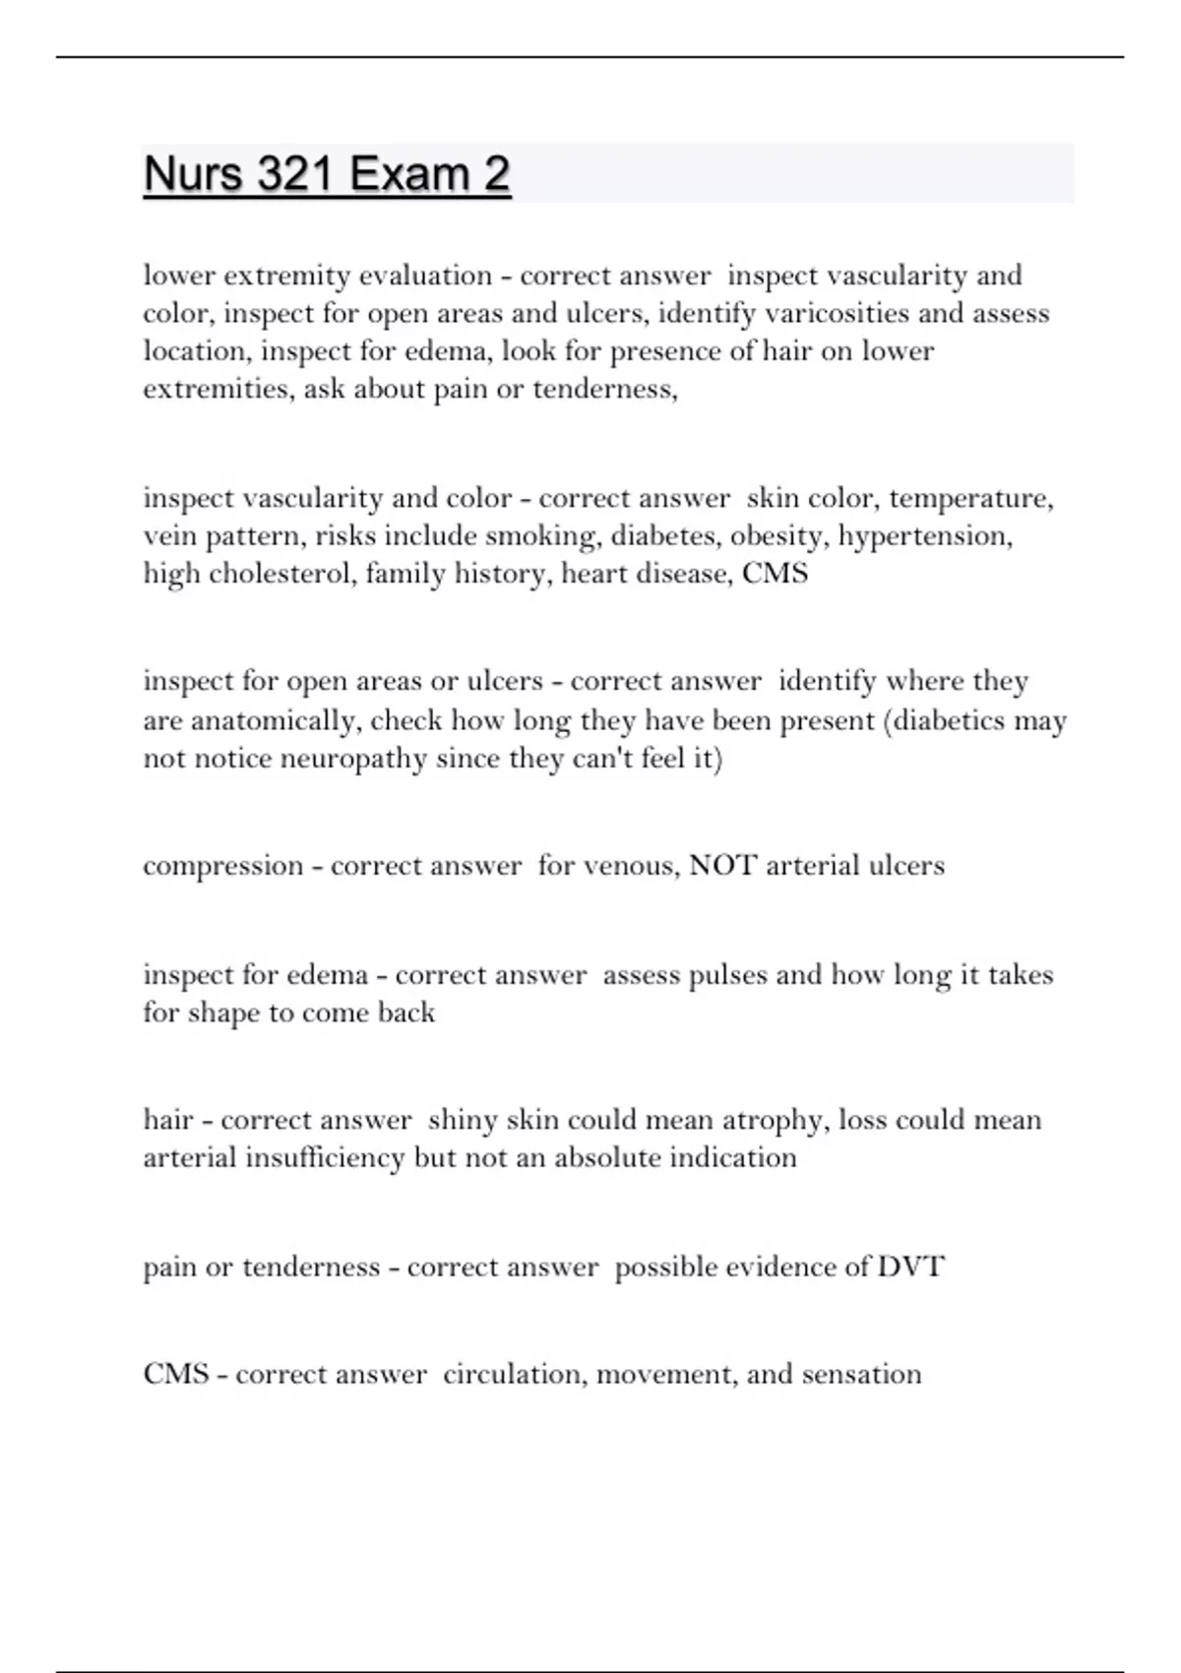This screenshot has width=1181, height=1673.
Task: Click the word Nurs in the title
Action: [x=193, y=175]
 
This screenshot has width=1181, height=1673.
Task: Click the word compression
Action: [x=223, y=866]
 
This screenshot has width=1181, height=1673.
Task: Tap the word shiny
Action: [x=463, y=1120]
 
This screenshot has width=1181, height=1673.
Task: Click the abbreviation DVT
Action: [x=910, y=1267]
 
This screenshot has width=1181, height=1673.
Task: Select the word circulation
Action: [x=515, y=1374]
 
